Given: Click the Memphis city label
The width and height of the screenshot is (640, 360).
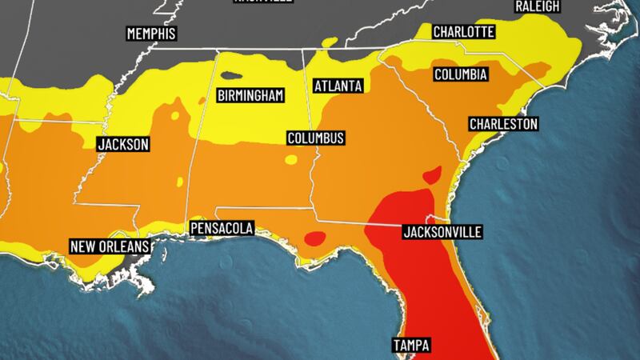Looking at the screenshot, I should (x=150, y=34).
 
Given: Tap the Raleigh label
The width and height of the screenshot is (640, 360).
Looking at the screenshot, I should (x=538, y=6).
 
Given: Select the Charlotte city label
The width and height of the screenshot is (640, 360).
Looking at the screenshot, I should (x=463, y=33).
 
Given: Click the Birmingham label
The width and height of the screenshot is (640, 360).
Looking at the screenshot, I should (x=251, y=96).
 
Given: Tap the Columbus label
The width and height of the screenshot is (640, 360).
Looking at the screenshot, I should (x=316, y=138).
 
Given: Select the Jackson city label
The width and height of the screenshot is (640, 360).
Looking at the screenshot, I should (x=122, y=145).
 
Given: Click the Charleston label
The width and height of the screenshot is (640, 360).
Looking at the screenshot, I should (x=503, y=124).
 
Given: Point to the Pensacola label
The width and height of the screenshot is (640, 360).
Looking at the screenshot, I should (x=222, y=229).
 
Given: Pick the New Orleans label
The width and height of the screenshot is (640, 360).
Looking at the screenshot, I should (x=109, y=246).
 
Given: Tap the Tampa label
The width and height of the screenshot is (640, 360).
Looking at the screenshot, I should (x=411, y=346).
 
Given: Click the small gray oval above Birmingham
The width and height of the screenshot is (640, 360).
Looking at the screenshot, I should (x=231, y=77).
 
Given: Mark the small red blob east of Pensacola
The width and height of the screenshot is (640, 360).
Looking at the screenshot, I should (x=315, y=237).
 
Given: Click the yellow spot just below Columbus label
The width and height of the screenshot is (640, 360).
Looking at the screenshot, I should (x=290, y=160).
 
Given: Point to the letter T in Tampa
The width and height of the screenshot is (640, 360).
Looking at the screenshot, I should (x=396, y=346).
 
